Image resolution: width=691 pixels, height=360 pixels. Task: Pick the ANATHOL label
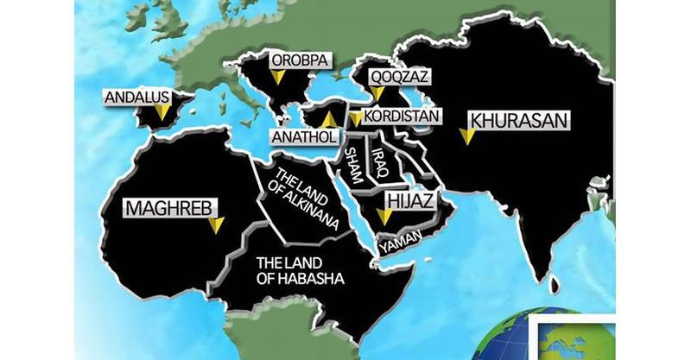(300, 136)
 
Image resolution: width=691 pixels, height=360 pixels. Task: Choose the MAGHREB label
(169, 208)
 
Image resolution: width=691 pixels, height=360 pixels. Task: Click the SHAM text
(352, 164)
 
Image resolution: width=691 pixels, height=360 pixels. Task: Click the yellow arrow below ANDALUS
(162, 112)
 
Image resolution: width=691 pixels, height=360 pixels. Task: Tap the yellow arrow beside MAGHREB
(216, 224)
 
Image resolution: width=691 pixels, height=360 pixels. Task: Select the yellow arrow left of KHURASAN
(466, 136)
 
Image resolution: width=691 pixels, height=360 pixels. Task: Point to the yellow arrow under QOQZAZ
(377, 92)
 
